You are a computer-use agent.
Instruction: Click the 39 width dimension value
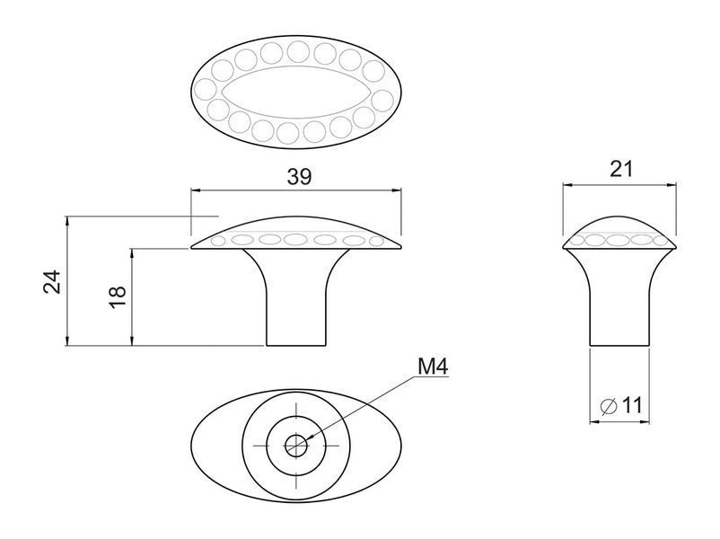coord(299,176)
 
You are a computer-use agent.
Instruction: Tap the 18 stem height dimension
coord(118,297)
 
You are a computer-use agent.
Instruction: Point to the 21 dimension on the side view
coord(621,169)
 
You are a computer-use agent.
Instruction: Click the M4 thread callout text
coord(433,367)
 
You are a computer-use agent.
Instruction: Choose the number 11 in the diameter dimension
coord(632,405)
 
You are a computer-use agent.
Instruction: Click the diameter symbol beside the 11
coord(609,406)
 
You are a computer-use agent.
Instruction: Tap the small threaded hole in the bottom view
coord(296,445)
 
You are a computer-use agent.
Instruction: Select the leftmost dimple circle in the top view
coord(206,89)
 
